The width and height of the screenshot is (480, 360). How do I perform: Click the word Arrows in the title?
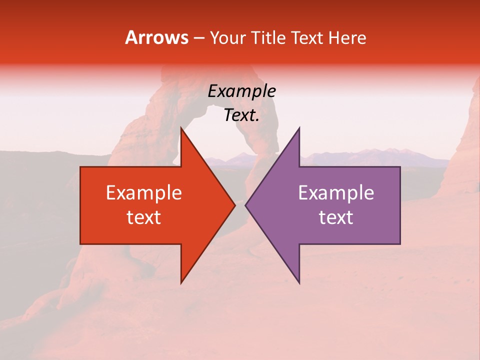click(157, 38)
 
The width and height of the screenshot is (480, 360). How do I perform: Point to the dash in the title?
click(198, 38)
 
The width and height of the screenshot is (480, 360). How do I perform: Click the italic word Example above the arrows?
click(241, 91)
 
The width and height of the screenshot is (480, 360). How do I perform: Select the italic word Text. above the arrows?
click(241, 115)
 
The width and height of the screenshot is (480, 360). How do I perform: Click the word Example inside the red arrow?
click(144, 193)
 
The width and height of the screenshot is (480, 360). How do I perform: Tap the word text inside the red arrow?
click(144, 217)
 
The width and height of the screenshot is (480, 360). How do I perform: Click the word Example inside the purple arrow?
click(336, 193)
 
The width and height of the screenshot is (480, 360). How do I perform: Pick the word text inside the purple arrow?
click(336, 217)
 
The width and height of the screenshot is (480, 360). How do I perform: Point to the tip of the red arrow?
click(235, 205)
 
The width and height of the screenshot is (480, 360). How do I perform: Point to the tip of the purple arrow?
click(245, 205)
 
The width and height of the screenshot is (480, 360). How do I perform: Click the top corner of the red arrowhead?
click(181, 127)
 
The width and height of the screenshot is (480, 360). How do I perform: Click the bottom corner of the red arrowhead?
click(181, 283)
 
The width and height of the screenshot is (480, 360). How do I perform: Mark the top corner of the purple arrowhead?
click(299, 127)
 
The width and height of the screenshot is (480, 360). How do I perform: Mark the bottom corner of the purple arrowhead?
click(299, 283)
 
